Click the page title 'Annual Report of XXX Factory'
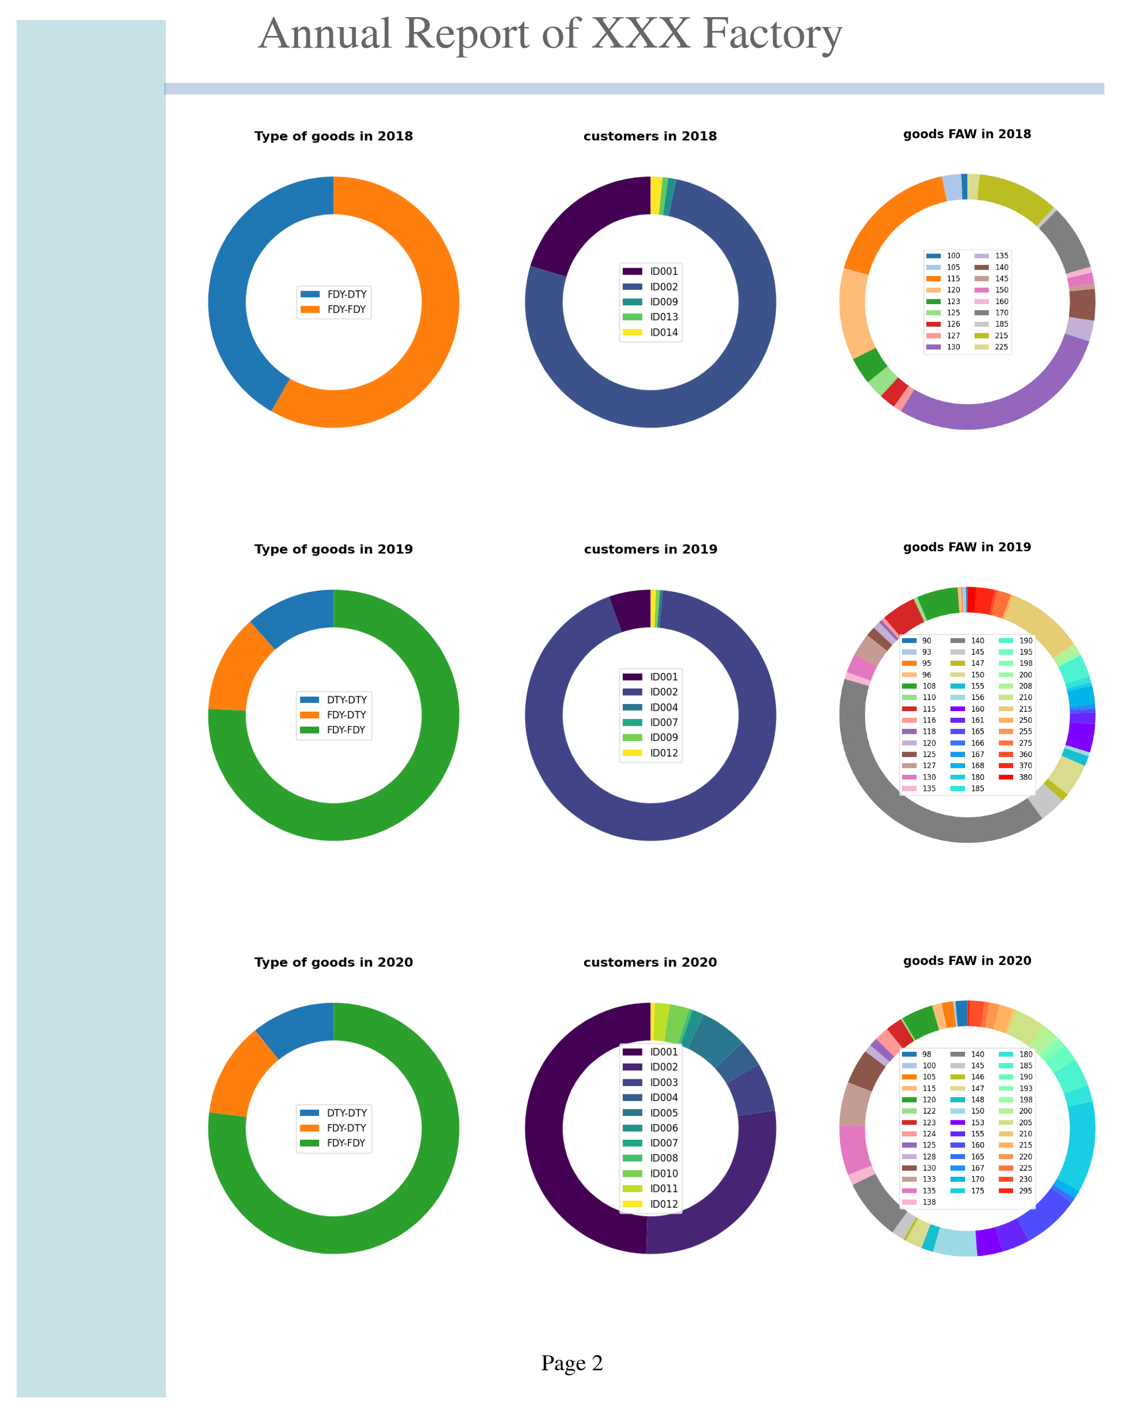(x=550, y=34)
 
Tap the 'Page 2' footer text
(x=571, y=1362)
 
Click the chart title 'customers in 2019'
(x=650, y=549)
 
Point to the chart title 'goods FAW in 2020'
(x=967, y=961)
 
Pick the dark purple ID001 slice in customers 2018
(x=583, y=223)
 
